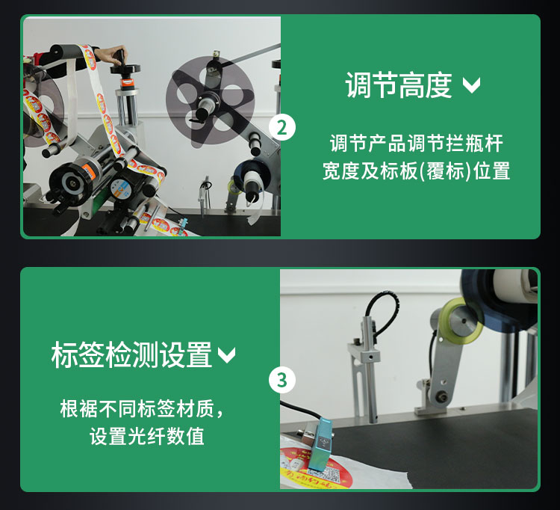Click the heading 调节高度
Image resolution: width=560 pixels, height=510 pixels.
tap(399, 85)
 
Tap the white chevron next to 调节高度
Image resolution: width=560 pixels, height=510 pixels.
tap(471, 85)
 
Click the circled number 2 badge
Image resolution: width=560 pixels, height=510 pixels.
tap(281, 126)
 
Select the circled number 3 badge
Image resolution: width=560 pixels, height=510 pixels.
tap(281, 379)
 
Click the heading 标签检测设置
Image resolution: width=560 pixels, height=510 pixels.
tap(131, 354)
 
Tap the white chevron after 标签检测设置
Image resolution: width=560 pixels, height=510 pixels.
tap(226, 355)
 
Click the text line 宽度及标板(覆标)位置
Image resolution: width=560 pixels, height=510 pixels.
tap(416, 171)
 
